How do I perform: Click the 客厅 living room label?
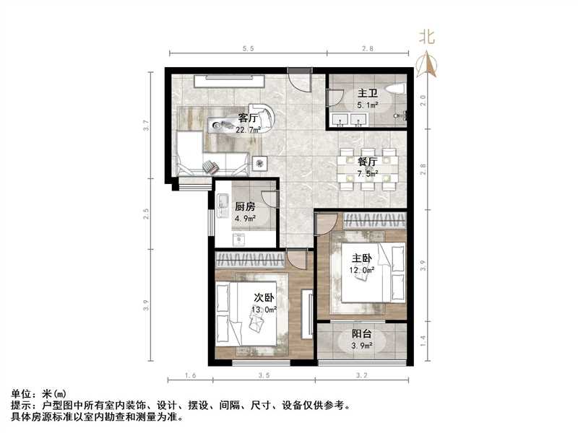249,119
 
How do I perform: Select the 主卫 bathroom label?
367,93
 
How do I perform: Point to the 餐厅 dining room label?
368,161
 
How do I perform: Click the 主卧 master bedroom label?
363,258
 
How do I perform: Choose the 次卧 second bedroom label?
263,297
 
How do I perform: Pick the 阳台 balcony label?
362,334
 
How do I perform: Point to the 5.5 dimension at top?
247,48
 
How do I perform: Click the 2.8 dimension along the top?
367,48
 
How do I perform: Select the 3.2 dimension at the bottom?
362,376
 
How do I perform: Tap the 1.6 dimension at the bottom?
190,376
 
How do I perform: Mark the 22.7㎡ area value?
248,131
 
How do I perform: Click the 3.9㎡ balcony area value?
362,346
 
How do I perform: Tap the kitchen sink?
223,204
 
